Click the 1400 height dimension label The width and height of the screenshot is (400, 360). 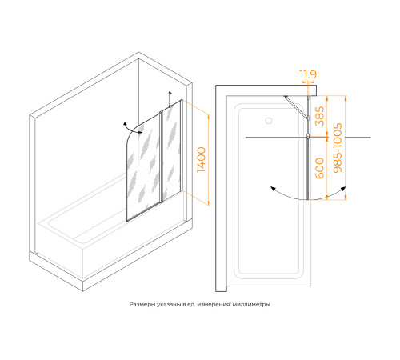[x=202, y=160]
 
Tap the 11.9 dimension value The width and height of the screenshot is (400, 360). [x=308, y=74]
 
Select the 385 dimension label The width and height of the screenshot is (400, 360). [x=319, y=116]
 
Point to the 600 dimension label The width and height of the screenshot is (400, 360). [x=319, y=168]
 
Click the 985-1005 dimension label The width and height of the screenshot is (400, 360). [x=338, y=147]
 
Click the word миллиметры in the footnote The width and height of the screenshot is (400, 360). [x=251, y=304]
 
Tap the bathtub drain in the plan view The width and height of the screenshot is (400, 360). [x=269, y=121]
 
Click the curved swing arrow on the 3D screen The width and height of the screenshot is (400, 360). [x=131, y=129]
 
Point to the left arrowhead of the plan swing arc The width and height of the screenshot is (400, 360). [x=273, y=189]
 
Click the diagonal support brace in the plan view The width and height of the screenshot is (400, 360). [x=295, y=106]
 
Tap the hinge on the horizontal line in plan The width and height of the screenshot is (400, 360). [x=308, y=137]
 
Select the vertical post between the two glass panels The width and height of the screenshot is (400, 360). [x=161, y=157]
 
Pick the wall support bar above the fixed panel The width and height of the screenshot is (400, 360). [x=170, y=99]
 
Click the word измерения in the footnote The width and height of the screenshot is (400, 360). [x=214, y=304]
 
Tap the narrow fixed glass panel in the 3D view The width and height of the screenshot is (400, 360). [x=172, y=150]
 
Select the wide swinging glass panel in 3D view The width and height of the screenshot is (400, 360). [x=143, y=168]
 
